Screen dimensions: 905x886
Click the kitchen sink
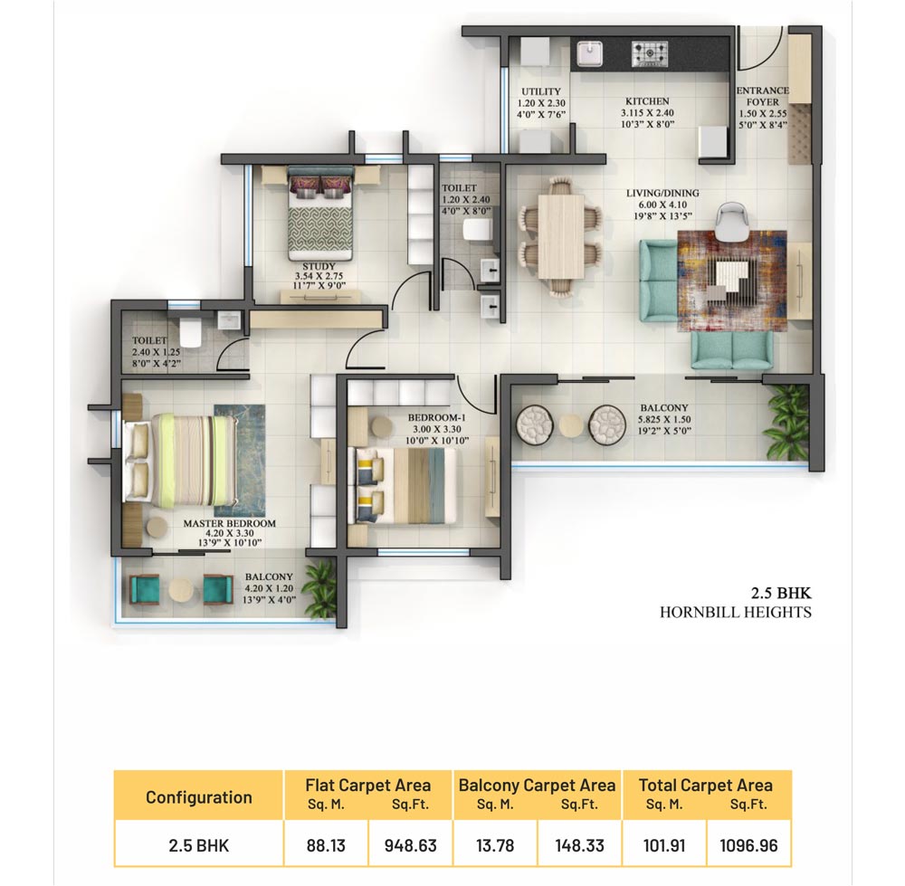[589, 53]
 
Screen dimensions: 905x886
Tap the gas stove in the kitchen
[650, 53]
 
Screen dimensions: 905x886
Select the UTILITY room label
[541, 91]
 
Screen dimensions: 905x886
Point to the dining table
[560, 236]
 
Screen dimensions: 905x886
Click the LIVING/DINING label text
[662, 194]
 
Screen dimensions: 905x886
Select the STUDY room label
[319, 267]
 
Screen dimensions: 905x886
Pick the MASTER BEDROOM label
[230, 523]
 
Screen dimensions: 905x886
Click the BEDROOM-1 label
[436, 418]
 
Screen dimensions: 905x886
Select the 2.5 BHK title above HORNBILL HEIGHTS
[781, 593]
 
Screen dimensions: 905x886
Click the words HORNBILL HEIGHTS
[736, 613]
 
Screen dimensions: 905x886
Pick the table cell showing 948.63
[410, 845]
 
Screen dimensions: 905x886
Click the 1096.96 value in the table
[748, 845]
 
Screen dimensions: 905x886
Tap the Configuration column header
[198, 797]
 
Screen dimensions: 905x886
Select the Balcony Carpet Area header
[537, 786]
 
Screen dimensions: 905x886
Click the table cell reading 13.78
[495, 845]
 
